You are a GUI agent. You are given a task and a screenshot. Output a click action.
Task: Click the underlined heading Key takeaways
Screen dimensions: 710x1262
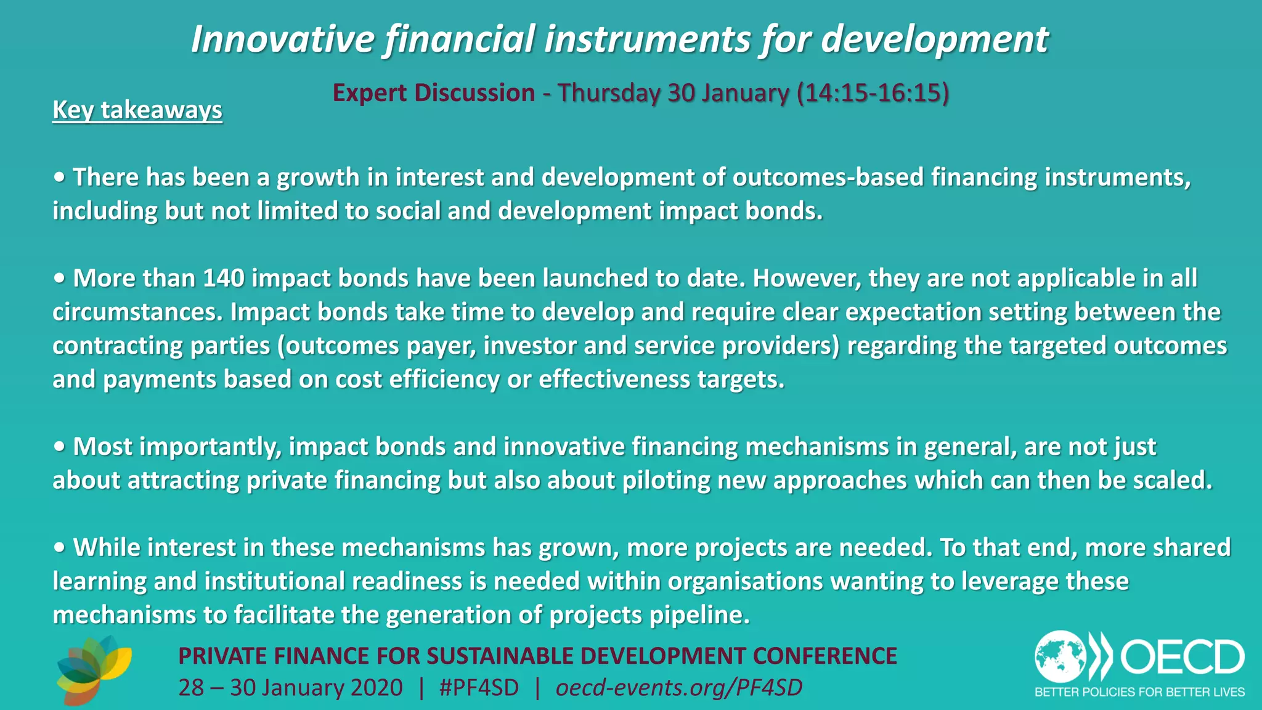pyautogui.click(x=137, y=110)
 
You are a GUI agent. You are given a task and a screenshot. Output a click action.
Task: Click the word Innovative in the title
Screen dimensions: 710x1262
pyautogui.click(x=282, y=39)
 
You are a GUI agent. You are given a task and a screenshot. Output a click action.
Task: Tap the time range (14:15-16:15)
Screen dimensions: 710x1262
pyautogui.click(x=873, y=93)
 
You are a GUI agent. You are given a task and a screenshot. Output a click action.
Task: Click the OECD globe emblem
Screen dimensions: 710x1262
pyautogui.click(x=1060, y=656)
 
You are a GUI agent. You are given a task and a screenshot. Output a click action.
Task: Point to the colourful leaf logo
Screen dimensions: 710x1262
pyautogui.click(x=94, y=671)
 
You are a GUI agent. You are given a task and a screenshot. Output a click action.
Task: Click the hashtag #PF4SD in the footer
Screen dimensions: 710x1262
pyautogui.click(x=479, y=688)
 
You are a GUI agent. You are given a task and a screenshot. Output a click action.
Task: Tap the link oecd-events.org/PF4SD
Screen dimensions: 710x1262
pyautogui.click(x=678, y=688)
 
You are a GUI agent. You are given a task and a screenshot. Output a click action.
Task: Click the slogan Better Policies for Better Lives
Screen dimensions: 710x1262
pyautogui.click(x=1139, y=692)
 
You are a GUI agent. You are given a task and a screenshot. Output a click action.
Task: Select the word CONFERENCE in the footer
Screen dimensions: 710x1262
pyautogui.click(x=824, y=656)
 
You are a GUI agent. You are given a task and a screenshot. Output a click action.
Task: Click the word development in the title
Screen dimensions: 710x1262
pyautogui.click(x=934, y=39)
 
